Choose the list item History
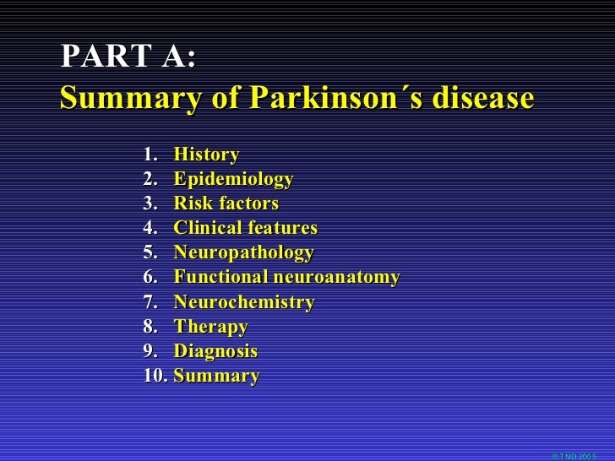coord(206,155)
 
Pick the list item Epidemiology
coord(233,180)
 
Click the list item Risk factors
coord(226,204)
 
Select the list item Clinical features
coord(245,229)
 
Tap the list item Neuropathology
coord(243,253)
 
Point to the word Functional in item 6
coord(219,278)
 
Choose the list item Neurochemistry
coord(243,302)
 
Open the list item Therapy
coord(210,327)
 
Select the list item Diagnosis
coord(215,351)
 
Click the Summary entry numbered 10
coord(216,376)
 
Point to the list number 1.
coord(150,155)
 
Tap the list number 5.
coord(150,253)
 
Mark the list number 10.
coord(155,376)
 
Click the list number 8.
coord(150,327)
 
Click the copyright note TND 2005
coord(574,456)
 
